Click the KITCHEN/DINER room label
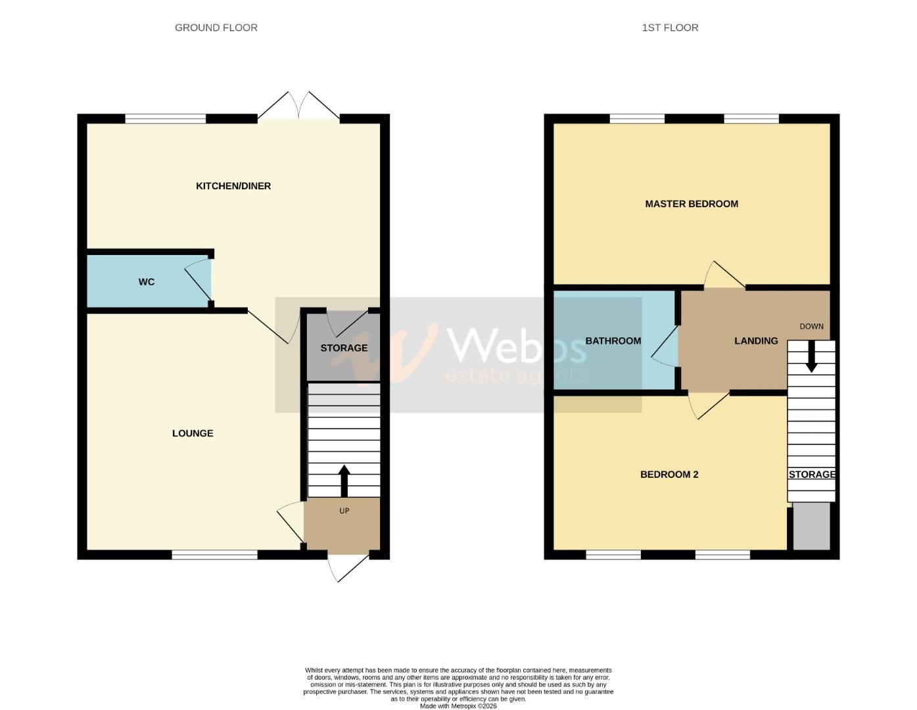click(233, 186)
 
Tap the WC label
click(147, 282)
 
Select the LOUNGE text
click(193, 433)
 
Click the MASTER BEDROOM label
click(692, 204)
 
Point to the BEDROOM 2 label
click(669, 475)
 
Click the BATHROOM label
click(613, 341)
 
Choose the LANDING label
click(756, 341)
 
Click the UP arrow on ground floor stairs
click(344, 481)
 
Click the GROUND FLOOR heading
click(216, 28)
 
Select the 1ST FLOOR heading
click(670, 28)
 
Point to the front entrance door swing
click(347, 568)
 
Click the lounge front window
click(214, 556)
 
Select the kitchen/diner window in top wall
click(165, 119)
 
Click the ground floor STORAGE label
click(344, 348)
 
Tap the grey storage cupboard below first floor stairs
click(811, 526)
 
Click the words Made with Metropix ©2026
click(458, 706)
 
